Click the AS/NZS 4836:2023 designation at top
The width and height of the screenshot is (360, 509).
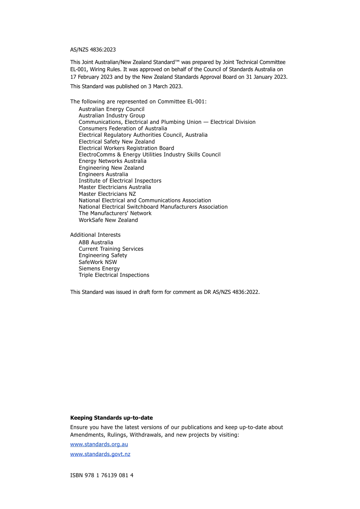click(93, 50)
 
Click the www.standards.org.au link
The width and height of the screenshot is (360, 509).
click(99, 444)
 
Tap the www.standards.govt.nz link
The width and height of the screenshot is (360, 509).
click(100, 454)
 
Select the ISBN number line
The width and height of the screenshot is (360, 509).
click(102, 475)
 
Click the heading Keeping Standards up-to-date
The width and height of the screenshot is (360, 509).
click(111, 418)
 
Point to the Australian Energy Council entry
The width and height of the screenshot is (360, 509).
click(111, 109)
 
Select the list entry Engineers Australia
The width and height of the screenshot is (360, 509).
click(103, 174)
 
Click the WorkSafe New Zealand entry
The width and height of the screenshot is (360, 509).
click(108, 220)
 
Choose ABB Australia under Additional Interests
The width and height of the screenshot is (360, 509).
click(96, 242)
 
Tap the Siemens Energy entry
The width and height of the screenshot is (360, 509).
click(99, 269)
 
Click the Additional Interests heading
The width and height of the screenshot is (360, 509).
click(95, 235)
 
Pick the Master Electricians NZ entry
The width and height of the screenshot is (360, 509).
click(107, 194)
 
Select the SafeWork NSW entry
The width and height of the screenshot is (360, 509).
click(98, 262)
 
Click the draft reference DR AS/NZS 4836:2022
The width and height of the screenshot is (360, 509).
click(231, 292)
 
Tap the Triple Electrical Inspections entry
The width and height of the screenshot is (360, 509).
click(114, 275)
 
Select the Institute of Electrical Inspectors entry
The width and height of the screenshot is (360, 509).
click(120, 181)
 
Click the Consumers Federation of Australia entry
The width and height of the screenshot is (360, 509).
click(123, 128)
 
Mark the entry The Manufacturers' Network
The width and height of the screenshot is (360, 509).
click(115, 213)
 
